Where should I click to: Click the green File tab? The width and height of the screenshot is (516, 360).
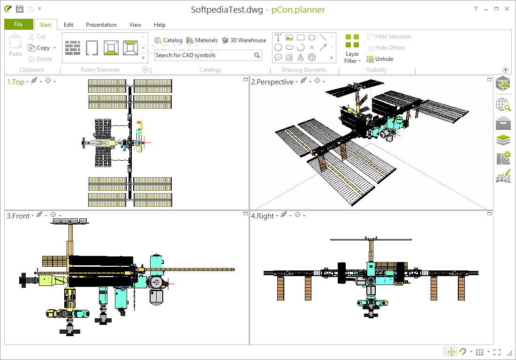coord(18,24)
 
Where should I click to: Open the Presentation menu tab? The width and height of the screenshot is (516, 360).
coord(101,25)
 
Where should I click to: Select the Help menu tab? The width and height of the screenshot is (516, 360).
coord(159,25)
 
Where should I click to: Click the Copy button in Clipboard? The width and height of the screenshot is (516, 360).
coord(39,48)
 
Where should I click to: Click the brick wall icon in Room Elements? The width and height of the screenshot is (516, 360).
coord(73,48)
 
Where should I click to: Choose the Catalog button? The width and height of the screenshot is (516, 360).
coord(168,40)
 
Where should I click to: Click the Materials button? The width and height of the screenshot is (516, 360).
coord(202,40)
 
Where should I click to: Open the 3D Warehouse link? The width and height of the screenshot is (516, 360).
coord(244,40)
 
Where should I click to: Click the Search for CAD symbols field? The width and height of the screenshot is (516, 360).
coord(204,55)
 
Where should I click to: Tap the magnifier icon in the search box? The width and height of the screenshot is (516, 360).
coord(257,55)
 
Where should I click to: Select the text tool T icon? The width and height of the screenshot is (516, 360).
coord(278,37)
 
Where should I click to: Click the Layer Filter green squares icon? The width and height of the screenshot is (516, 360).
coord(352,41)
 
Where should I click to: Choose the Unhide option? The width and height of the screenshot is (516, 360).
coord(380,59)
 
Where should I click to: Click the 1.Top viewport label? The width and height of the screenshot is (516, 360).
coord(16,82)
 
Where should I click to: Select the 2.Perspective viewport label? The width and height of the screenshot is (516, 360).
coord(273,82)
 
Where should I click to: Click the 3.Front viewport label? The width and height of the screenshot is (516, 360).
coord(18,216)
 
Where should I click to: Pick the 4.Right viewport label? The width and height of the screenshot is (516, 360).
coord(263,216)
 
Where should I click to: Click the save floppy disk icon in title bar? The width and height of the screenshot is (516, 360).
coord(20,9)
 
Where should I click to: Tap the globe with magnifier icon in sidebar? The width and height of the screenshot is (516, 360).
coord(503,105)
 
